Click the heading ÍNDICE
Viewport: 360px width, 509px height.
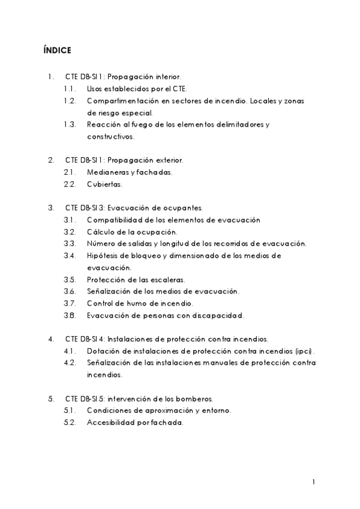57,50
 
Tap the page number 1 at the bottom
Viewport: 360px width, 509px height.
314,481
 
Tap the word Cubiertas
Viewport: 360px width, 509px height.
104,184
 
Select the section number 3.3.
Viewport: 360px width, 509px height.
69,243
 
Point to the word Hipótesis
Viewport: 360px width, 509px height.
104,255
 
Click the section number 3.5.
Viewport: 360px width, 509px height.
69,279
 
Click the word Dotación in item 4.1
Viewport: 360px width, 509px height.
102,351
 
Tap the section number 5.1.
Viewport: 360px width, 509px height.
69,410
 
